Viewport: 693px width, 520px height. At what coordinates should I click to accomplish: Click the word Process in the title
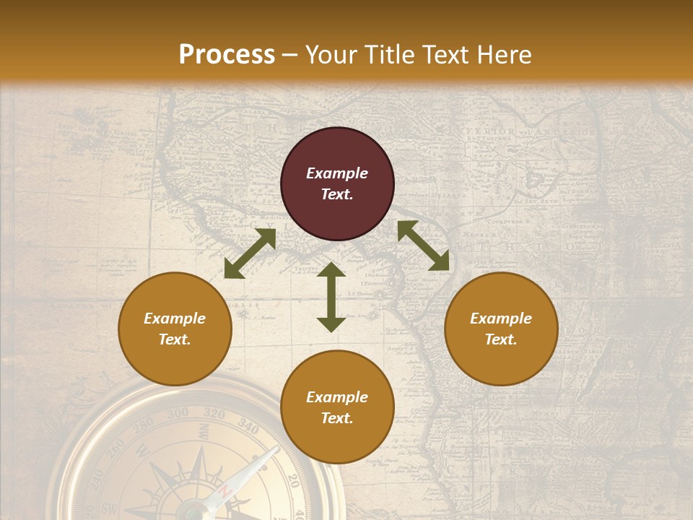[x=227, y=55]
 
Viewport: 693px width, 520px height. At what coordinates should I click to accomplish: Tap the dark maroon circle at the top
[x=337, y=184]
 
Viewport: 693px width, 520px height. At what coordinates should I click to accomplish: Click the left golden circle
[x=175, y=329]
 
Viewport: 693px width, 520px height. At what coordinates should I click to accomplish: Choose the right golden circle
[x=501, y=329]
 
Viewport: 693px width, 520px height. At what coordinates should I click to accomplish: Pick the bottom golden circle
[x=337, y=407]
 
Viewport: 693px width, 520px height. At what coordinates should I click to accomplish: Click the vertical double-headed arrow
[x=331, y=297]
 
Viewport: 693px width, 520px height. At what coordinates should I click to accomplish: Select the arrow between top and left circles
[x=250, y=253]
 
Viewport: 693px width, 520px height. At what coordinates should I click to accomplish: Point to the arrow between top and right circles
[x=423, y=246]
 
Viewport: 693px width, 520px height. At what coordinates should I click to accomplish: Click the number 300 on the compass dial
[x=178, y=414]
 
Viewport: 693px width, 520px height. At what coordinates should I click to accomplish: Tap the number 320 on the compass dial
[x=214, y=414]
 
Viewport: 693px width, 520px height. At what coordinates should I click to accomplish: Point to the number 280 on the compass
[x=144, y=424]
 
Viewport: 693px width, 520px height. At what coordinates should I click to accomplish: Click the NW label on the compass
[x=204, y=431]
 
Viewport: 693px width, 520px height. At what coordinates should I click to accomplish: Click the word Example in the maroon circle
[x=337, y=173]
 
